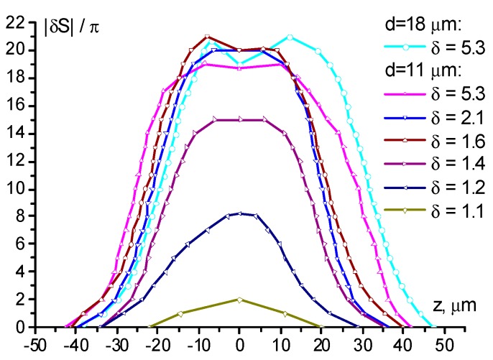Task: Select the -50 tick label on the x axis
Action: click(36, 342)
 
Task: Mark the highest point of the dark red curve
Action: click(207, 37)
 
